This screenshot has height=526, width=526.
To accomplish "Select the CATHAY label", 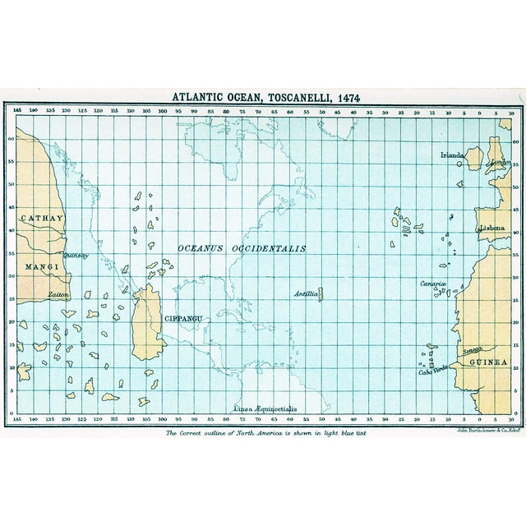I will coord(39,218).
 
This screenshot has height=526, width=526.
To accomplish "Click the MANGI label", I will coord(39,267).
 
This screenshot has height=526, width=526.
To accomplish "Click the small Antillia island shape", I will coord(320,293).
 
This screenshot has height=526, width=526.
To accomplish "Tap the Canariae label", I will coord(433,284).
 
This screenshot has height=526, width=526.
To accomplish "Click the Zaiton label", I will coord(58,293).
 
